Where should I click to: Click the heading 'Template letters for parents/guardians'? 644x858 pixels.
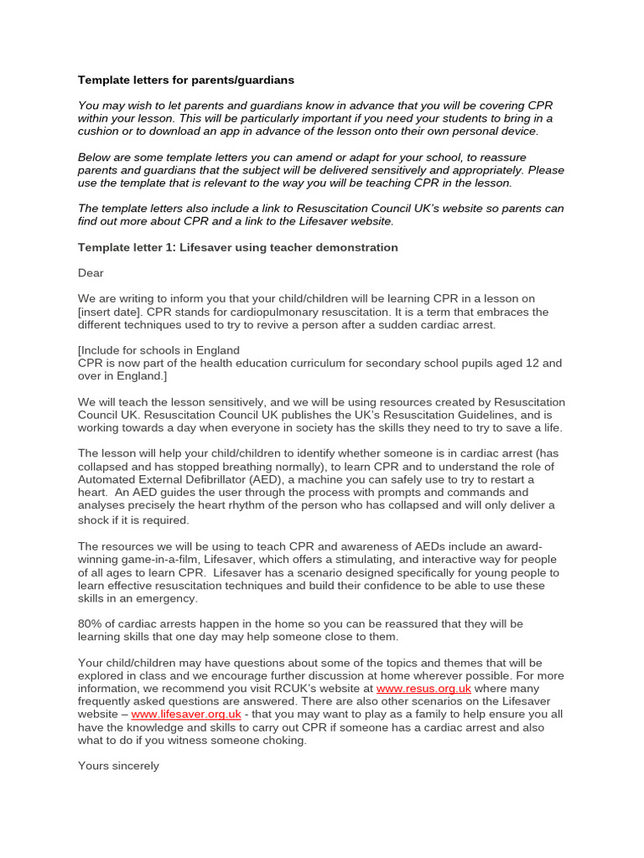tap(186, 80)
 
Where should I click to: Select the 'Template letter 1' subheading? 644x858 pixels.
tap(237, 247)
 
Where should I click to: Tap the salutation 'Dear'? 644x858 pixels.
tap(91, 273)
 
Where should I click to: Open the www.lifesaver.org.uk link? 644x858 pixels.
tap(186, 714)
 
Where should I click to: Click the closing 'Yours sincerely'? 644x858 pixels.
tap(118, 766)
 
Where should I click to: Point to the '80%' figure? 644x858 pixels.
tap(91, 623)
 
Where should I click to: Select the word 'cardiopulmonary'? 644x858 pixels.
tap(262, 312)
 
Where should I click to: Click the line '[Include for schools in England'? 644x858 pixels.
tap(158, 350)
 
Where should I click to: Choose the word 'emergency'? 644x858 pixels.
tap(164, 598)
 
